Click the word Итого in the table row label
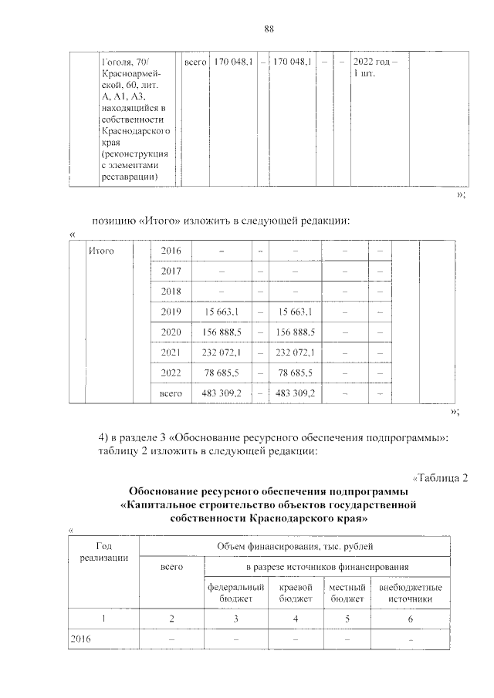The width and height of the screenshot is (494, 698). (102, 251)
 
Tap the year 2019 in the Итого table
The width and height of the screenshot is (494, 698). (171, 312)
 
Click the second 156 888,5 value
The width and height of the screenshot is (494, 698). (293, 332)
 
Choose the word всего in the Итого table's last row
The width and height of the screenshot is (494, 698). (171, 393)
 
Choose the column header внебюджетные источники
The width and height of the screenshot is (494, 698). (411, 592)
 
